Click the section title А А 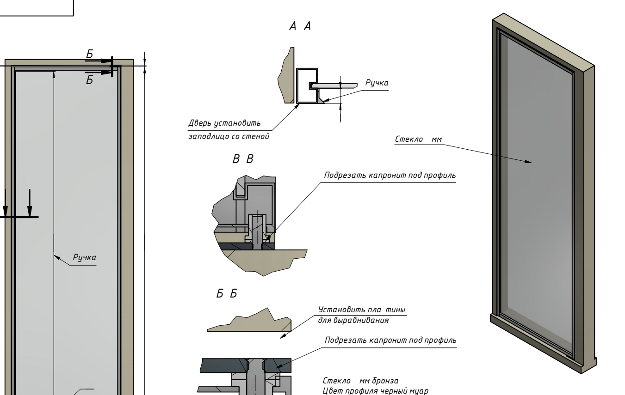(300, 27)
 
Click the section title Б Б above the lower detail (227, 294)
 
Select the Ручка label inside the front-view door (84, 258)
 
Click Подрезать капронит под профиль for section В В (390, 176)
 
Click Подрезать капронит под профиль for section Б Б (390, 340)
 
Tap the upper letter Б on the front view (90, 54)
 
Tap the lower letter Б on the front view (90, 80)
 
